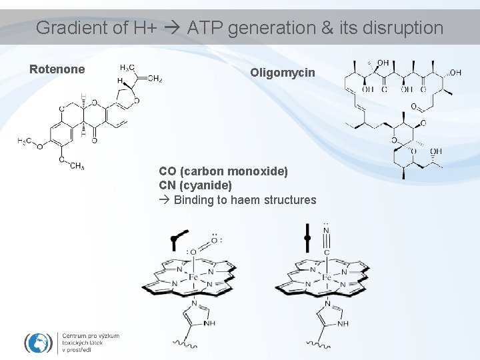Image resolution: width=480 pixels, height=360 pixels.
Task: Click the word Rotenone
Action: (57, 69)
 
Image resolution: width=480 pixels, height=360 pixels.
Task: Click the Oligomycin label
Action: (283, 72)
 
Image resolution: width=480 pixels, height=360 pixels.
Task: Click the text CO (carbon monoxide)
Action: (223, 171)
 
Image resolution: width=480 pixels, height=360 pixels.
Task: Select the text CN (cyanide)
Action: (195, 185)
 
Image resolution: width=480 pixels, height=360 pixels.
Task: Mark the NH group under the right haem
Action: (343, 324)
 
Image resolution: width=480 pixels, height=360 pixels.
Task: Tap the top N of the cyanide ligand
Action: (326, 231)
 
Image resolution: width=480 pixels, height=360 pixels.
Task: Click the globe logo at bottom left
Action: (39, 343)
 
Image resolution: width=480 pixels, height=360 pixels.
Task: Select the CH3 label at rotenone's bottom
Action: (76, 166)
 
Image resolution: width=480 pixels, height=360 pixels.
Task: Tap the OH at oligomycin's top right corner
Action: (455, 72)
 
